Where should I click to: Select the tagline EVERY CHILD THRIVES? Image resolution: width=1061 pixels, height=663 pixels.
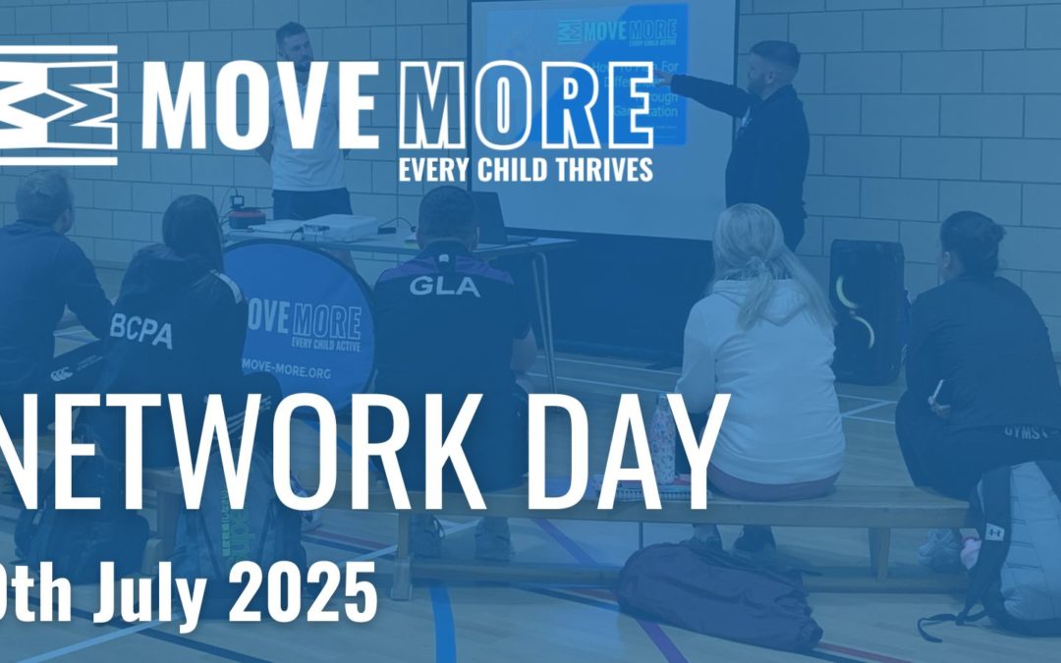(x=525, y=169)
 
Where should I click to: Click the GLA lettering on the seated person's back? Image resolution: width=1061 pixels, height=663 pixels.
(x=444, y=287)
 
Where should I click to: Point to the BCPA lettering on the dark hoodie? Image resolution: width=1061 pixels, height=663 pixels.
(x=142, y=333)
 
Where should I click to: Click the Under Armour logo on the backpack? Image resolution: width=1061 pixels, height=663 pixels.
(x=994, y=531)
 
